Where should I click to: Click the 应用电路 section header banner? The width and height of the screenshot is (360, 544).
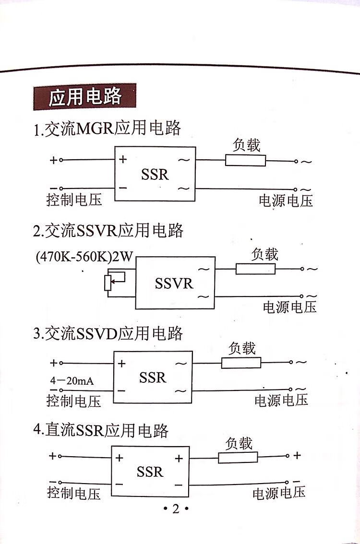click(84, 96)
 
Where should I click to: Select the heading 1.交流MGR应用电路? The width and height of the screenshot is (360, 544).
click(107, 129)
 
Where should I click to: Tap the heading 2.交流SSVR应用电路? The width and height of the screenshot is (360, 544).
click(108, 231)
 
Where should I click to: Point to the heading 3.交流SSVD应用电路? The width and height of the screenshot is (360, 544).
click(108, 333)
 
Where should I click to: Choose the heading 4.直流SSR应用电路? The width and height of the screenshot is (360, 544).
click(101, 430)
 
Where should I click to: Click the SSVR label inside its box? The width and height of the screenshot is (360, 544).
click(174, 284)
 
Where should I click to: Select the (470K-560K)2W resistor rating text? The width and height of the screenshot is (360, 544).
click(84, 257)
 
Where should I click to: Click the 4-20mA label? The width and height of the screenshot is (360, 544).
click(72, 380)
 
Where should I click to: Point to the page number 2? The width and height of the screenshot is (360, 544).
click(176, 509)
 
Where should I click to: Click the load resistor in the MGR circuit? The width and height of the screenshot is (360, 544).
click(245, 161)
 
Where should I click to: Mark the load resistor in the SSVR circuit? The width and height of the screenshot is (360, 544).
click(255, 269)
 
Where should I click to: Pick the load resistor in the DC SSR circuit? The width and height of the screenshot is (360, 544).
click(238, 457)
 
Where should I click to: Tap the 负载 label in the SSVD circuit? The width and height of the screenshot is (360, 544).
click(242, 348)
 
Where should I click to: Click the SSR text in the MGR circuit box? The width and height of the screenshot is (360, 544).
click(155, 174)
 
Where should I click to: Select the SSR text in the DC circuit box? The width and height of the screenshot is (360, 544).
click(150, 472)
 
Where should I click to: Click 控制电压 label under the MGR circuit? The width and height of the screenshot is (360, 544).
click(74, 200)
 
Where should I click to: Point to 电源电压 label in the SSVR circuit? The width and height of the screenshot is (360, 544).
click(289, 307)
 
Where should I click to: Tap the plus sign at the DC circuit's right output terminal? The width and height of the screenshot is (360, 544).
click(297, 455)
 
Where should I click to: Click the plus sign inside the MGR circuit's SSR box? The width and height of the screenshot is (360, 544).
click(123, 159)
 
